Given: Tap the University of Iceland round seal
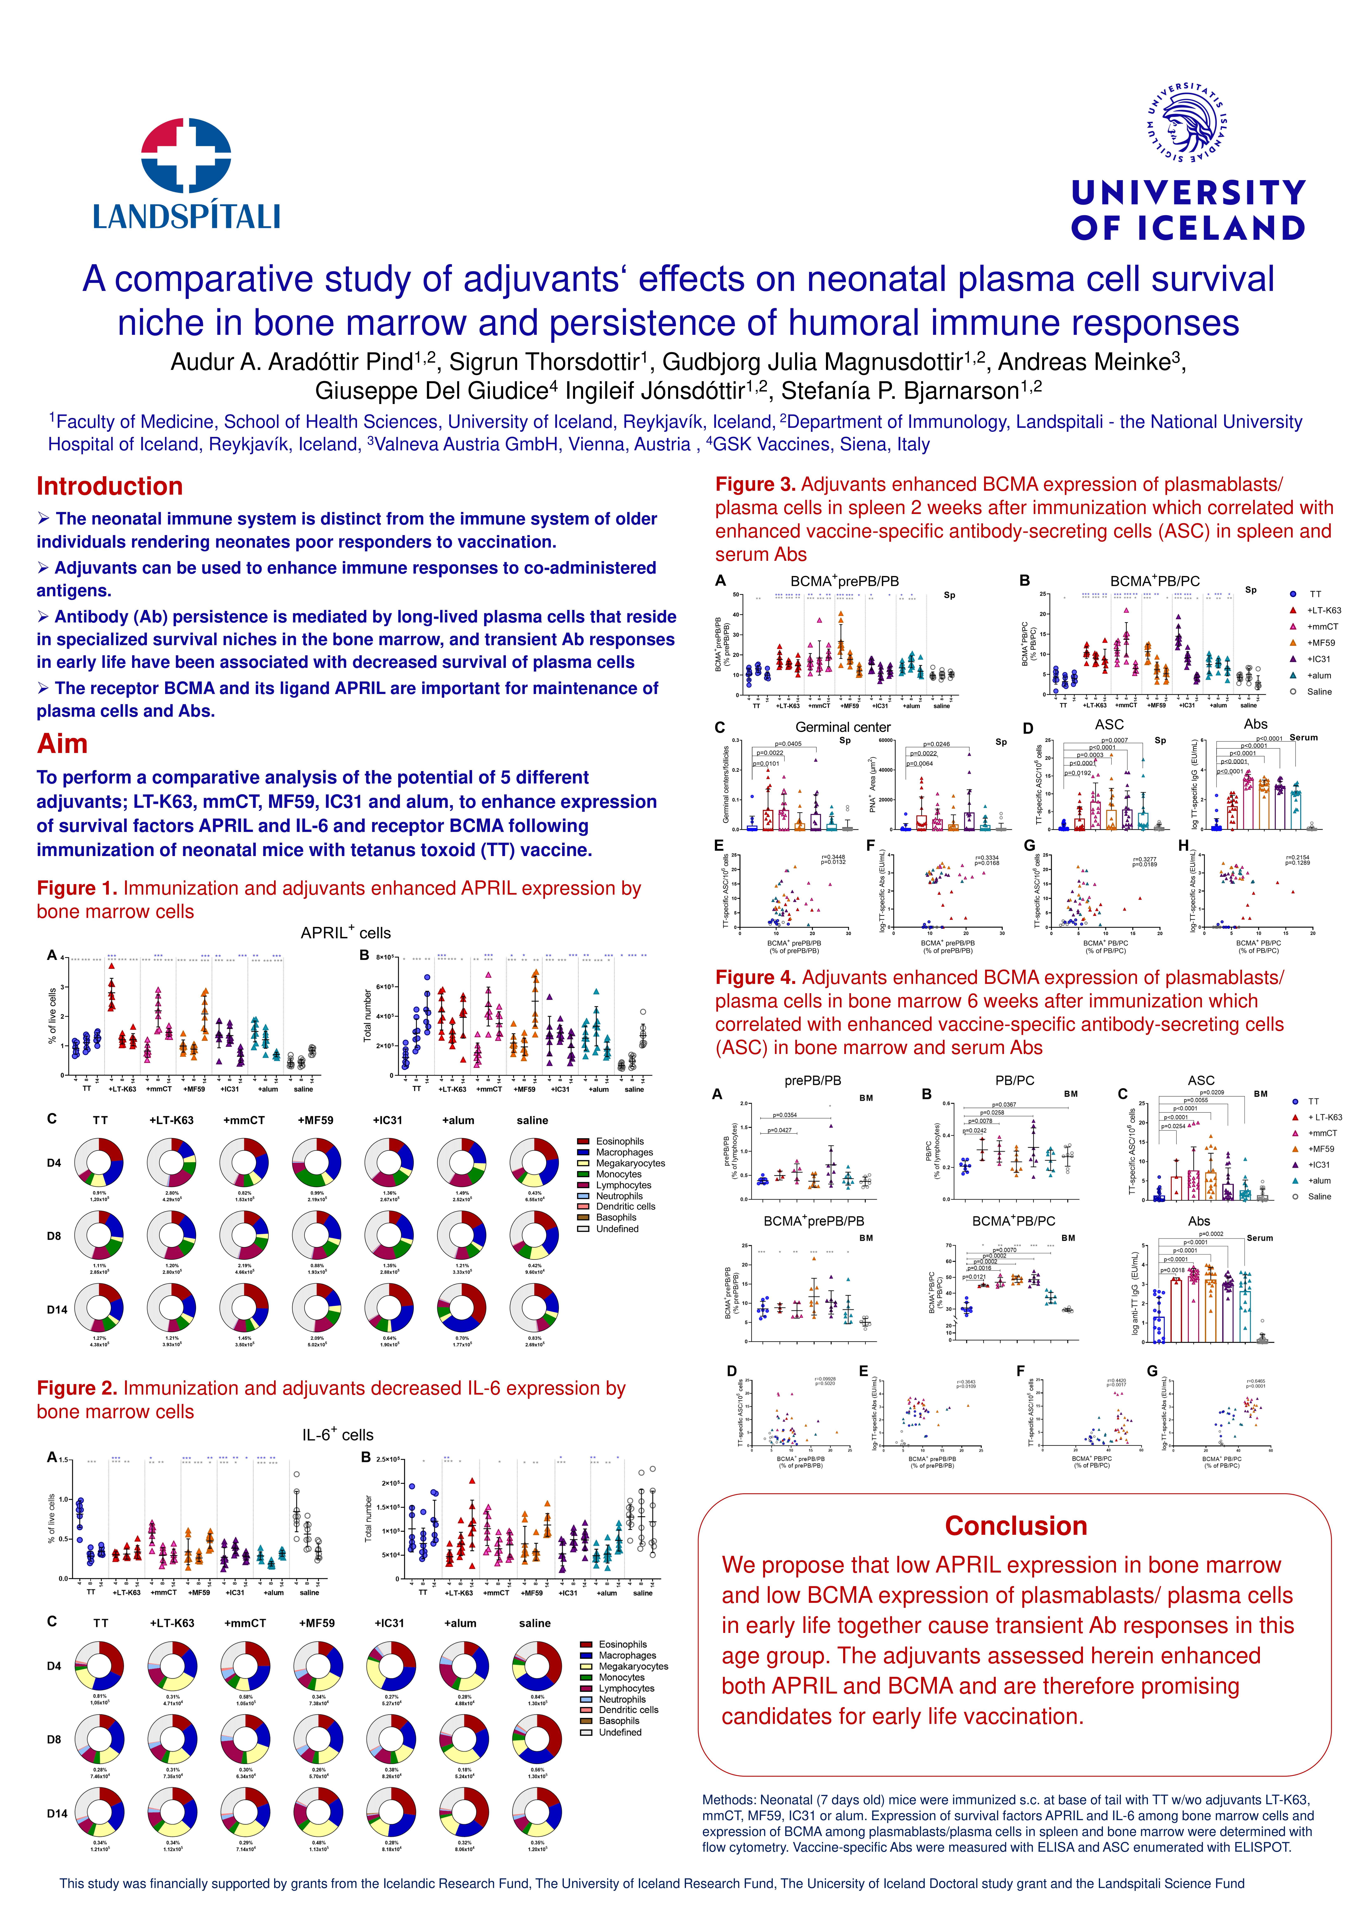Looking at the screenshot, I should click(1187, 123).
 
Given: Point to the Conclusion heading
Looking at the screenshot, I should click(1016, 1526).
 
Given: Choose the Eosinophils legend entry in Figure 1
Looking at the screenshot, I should click(619, 1141).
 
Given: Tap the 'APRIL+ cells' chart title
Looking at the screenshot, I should click(345, 933).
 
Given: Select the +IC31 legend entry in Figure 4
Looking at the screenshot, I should click(1319, 1164).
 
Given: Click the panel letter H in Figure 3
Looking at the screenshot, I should click(1183, 846).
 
